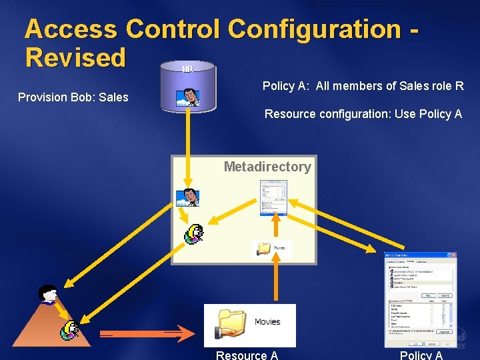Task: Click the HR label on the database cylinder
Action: pyautogui.click(x=188, y=69)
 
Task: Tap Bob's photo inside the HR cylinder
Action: pyautogui.click(x=189, y=97)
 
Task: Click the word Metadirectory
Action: pyautogui.click(x=267, y=167)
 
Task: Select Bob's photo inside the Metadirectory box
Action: pyautogui.click(x=187, y=197)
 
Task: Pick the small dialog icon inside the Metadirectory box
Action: pyautogui.click(x=273, y=198)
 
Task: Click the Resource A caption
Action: pyautogui.click(x=247, y=355)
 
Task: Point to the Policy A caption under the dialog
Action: pyautogui.click(x=421, y=355)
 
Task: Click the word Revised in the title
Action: pyautogui.click(x=75, y=57)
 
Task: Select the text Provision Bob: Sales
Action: pyautogui.click(x=73, y=97)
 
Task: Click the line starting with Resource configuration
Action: pyautogui.click(x=363, y=114)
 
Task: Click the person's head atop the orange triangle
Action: pyautogui.click(x=48, y=293)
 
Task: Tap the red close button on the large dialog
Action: pyautogui.click(x=453, y=255)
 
